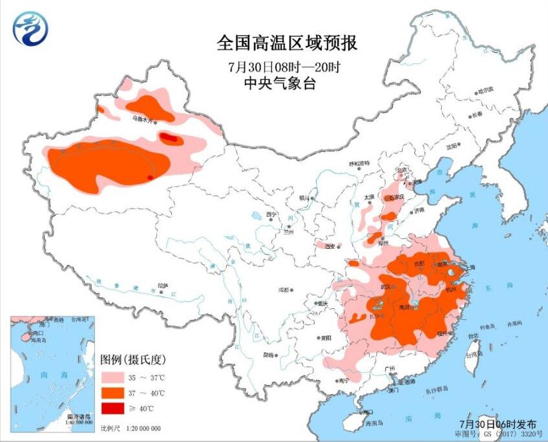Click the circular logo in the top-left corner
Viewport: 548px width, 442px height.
30,28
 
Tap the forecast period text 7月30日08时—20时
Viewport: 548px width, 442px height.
284,67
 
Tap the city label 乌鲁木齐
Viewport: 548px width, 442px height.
142,120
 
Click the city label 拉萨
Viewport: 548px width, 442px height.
162,285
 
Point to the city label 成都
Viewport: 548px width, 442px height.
283,290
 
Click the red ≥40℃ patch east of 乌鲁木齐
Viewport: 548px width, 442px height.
169,137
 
